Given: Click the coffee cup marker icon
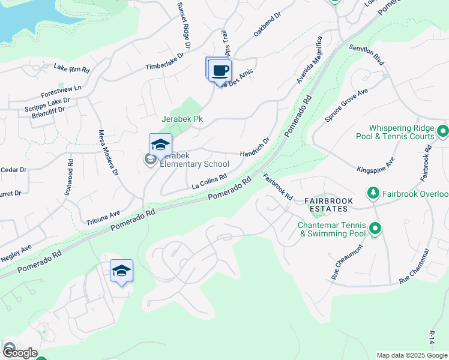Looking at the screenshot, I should [220, 70].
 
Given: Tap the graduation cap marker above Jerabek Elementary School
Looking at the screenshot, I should [160, 145].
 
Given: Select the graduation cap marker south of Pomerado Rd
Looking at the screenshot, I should [121, 271].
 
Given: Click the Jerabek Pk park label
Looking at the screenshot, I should [182, 119].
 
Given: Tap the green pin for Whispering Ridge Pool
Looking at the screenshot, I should [443, 130].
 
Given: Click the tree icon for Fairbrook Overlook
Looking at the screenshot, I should [373, 193].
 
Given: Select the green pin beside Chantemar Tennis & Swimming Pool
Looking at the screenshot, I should [375, 229].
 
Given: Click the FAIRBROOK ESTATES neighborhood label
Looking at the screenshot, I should [325, 204].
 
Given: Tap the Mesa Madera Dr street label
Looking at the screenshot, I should [108, 153].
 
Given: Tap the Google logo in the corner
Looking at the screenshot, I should [19, 352].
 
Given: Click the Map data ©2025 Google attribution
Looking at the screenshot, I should [411, 355].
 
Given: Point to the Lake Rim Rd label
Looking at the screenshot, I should [71, 68].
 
